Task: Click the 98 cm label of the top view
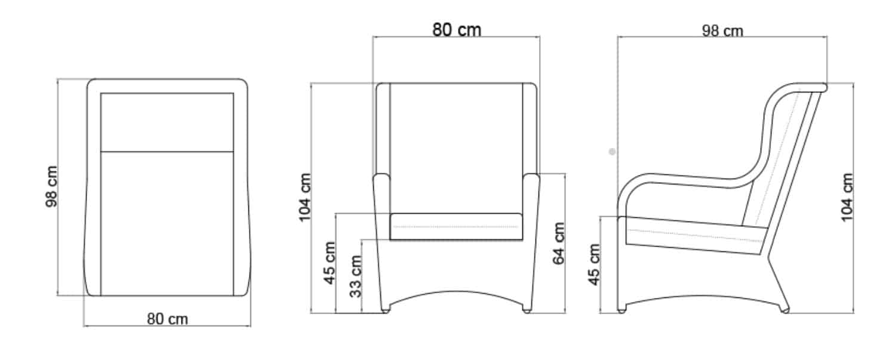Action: [x=52, y=186]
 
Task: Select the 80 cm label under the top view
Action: [x=167, y=319]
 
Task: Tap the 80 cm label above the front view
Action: [x=457, y=30]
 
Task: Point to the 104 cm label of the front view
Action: [x=304, y=197]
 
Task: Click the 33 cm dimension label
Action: [x=356, y=276]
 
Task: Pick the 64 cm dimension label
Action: [x=559, y=244]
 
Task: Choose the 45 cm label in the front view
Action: [x=330, y=263]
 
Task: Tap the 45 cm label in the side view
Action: [x=593, y=264]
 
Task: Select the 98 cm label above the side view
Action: [x=722, y=30]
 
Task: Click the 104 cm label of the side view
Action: [x=847, y=197]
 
